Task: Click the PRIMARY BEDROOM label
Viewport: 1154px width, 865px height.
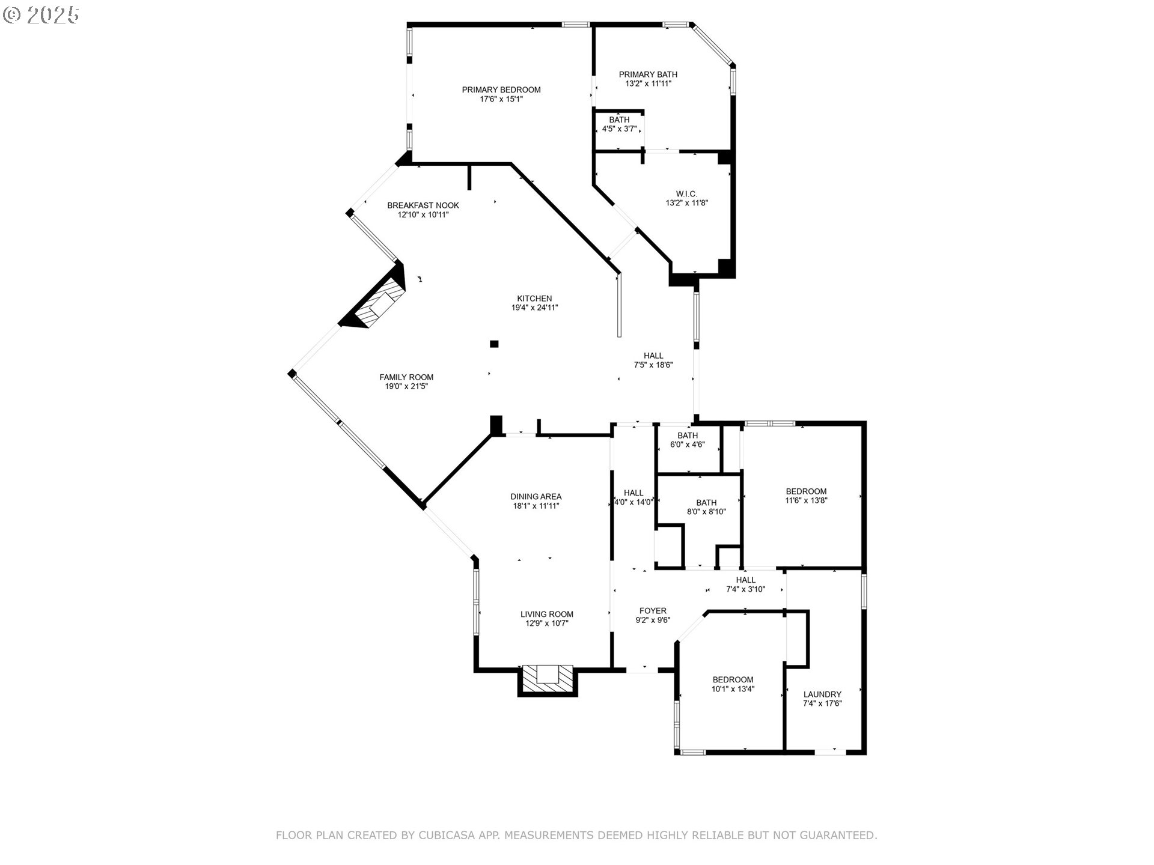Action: [x=501, y=90]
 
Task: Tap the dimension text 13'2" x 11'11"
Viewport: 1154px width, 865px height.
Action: [x=648, y=84]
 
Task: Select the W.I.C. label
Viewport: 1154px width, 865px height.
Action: [x=686, y=194]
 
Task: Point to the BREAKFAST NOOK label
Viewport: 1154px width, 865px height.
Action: [x=423, y=205]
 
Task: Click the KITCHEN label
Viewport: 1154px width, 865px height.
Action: [x=534, y=299]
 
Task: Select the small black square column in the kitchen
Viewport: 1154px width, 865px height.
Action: [x=494, y=344]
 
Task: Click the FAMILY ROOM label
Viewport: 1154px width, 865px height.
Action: [x=406, y=377]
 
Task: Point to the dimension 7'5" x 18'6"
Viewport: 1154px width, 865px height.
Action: [x=653, y=365]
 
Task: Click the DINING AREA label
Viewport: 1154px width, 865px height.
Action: [x=536, y=497]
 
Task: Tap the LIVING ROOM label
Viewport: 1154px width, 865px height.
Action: [x=546, y=615]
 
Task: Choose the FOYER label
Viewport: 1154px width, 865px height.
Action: [x=653, y=611]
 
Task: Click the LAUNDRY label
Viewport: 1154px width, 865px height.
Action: [x=822, y=694]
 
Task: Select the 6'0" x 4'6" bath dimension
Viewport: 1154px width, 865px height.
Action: [x=687, y=445]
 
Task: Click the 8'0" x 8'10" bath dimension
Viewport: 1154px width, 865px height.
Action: [x=706, y=512]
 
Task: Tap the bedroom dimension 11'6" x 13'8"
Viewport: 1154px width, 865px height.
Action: [x=806, y=500]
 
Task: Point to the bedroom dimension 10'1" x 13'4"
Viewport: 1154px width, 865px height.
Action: [x=733, y=690]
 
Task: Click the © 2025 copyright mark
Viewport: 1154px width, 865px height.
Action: [x=41, y=14]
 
